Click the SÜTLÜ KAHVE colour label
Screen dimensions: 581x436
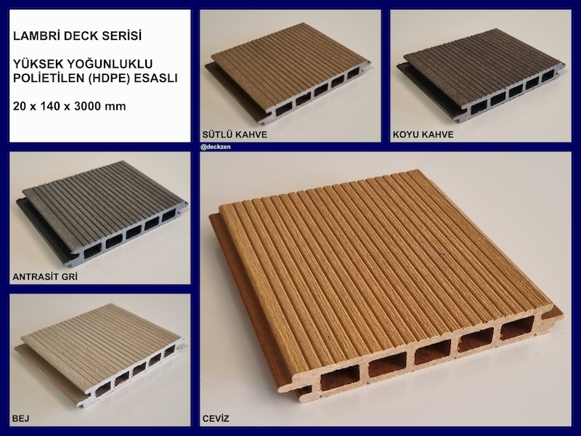tap(235, 134)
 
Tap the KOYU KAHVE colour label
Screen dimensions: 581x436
tap(423, 134)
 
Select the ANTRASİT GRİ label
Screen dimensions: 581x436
tap(45, 277)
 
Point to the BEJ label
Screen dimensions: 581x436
tap(21, 419)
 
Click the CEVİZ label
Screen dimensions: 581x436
tap(216, 419)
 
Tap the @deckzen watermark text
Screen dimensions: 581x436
tap(216, 147)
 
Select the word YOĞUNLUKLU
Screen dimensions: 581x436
tap(110, 64)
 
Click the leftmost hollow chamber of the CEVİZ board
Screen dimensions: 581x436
tap(339, 377)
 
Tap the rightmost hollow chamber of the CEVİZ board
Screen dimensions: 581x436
tap(517, 328)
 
